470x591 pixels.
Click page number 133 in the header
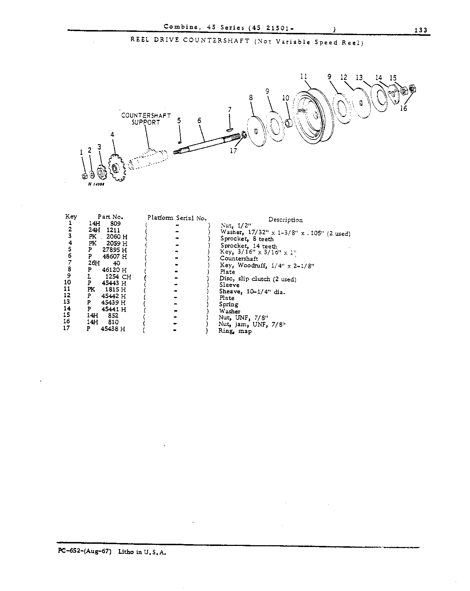point(421,30)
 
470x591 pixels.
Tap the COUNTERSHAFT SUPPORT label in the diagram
point(146,119)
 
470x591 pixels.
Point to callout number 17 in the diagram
point(233,151)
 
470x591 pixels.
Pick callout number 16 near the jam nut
point(403,108)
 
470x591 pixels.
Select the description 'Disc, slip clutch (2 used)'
point(258,279)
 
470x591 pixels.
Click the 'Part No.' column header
point(110,217)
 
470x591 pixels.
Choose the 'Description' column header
point(286,220)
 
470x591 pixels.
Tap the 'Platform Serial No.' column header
point(177,218)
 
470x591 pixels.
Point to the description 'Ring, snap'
point(235,331)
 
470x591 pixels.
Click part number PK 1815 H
point(107,289)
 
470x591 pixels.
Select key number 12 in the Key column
point(67,295)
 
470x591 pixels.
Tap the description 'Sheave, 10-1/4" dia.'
point(252,292)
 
